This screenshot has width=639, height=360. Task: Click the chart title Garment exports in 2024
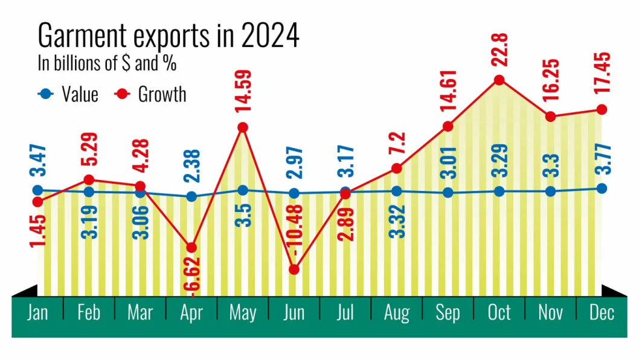(x=169, y=35)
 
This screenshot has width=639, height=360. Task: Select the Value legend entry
(x=68, y=94)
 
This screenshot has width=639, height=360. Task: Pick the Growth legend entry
(x=150, y=94)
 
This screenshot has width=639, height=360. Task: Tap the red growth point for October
(x=499, y=80)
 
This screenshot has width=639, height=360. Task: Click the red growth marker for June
(x=294, y=269)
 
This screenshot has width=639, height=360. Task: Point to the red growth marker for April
(x=191, y=248)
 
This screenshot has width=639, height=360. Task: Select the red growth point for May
(x=242, y=127)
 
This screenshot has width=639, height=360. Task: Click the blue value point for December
(x=602, y=188)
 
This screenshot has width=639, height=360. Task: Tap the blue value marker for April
(x=191, y=196)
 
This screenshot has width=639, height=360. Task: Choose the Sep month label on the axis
(x=448, y=313)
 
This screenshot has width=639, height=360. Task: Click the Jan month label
(x=37, y=313)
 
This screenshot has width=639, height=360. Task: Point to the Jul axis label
(x=345, y=313)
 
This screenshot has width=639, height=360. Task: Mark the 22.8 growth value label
(x=499, y=50)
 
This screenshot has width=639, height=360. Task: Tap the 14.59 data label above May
(x=243, y=91)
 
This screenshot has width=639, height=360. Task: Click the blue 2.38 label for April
(x=191, y=166)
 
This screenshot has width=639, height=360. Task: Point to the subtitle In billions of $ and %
(x=107, y=63)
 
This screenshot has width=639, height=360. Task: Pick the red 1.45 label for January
(x=37, y=231)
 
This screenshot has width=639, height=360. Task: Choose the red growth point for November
(x=550, y=117)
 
